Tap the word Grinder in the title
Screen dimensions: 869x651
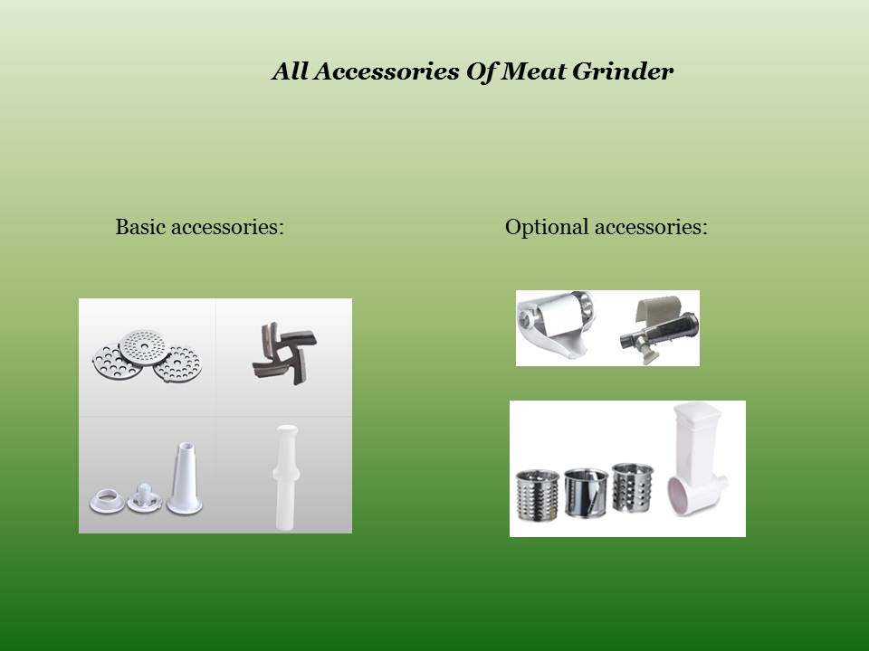click(623, 71)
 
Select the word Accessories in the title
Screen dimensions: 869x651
click(386, 71)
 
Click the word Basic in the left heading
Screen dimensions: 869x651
click(141, 226)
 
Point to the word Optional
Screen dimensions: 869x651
click(547, 228)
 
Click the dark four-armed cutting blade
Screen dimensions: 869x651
click(284, 354)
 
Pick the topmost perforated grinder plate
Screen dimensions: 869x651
click(144, 347)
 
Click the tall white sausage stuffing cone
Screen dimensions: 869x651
click(185, 478)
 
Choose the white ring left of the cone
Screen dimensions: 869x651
click(107, 501)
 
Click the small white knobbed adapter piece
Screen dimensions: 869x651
click(144, 497)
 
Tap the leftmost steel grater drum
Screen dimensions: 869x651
click(538, 495)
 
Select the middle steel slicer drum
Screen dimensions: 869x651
click(587, 493)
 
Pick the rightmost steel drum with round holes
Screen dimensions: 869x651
click(633, 486)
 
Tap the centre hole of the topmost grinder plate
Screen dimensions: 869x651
click(145, 346)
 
